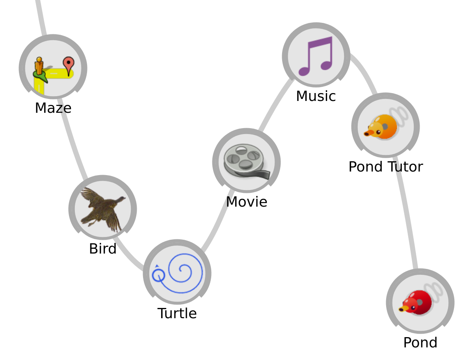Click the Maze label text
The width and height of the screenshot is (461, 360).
(53, 108)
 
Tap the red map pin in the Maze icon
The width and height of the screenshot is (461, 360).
(69, 65)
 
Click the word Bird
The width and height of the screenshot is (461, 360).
(102, 249)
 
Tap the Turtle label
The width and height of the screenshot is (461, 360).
(177, 313)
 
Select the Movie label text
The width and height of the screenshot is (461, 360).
(246, 202)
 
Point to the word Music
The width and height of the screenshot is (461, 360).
(316, 97)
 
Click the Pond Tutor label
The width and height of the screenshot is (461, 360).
(385, 167)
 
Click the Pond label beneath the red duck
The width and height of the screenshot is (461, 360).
(420, 343)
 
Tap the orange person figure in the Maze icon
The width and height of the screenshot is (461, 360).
(39, 66)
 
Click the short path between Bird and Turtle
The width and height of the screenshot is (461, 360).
(128, 256)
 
